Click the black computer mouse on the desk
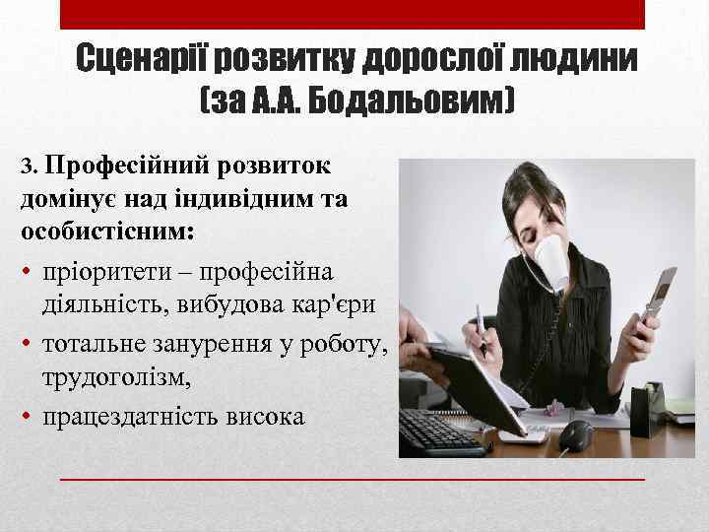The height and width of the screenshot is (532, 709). tap(576, 433)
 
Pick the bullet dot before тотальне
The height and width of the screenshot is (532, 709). tap(27, 343)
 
